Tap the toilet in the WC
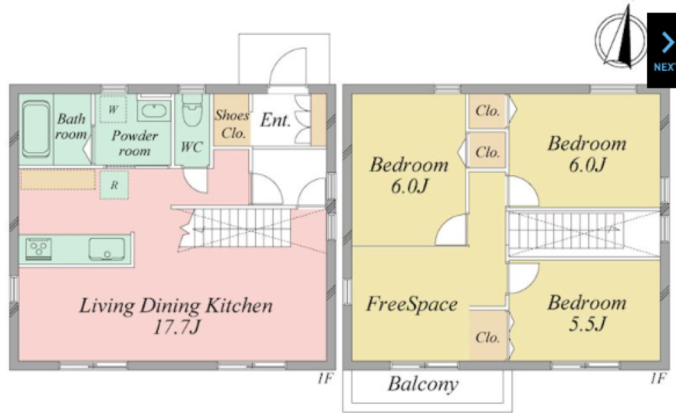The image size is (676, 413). pos(192,110)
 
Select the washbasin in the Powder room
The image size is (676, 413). pos(154,110)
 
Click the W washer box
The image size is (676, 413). pos(113,109)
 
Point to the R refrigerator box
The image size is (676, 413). pos(114,185)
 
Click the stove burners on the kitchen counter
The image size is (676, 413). pos(39,248)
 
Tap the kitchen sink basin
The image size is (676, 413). pos(107,249)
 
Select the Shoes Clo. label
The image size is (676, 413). pos(232,124)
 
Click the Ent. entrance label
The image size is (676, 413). pos(275,120)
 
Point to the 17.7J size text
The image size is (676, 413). pos(177,327)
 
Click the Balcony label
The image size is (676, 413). pos(423,384)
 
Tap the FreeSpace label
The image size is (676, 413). pos(412,304)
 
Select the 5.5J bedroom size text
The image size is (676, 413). pos(587,324)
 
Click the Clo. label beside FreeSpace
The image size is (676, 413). pos(487,337)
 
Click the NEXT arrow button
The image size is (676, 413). pos(662,50)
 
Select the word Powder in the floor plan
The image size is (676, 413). pos(134,136)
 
